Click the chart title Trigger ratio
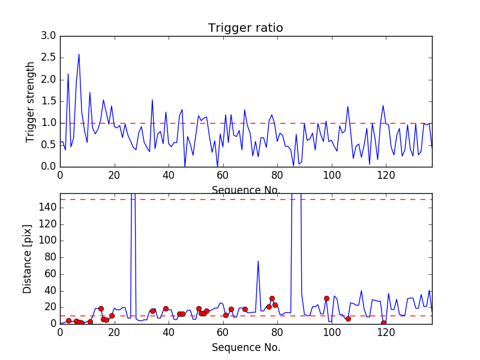coord(245,28)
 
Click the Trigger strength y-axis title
coord(31,101)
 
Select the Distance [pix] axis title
coord(28,258)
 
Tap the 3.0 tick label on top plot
coord(49,36)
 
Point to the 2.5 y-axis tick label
coord(49,58)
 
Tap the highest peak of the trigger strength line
coord(79,54)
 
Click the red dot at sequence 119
coord(383,323)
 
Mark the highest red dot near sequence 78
coord(272,298)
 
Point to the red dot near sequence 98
coord(326,298)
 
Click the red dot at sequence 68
coord(245,309)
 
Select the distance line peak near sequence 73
coord(258,260)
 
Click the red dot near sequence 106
coord(348,319)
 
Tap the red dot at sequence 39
coord(166,308)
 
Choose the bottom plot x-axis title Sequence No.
coord(245,347)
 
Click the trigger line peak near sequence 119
coord(383,106)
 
